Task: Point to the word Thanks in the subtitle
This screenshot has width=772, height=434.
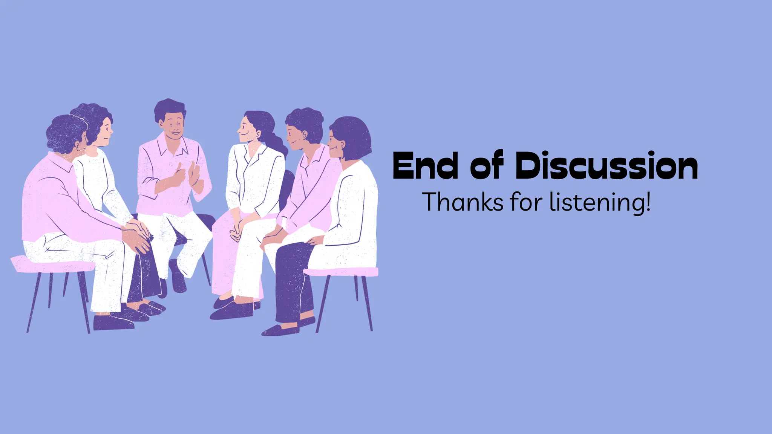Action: click(463, 202)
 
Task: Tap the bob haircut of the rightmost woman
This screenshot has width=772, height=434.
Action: click(352, 136)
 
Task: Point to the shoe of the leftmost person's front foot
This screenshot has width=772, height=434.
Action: click(113, 323)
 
